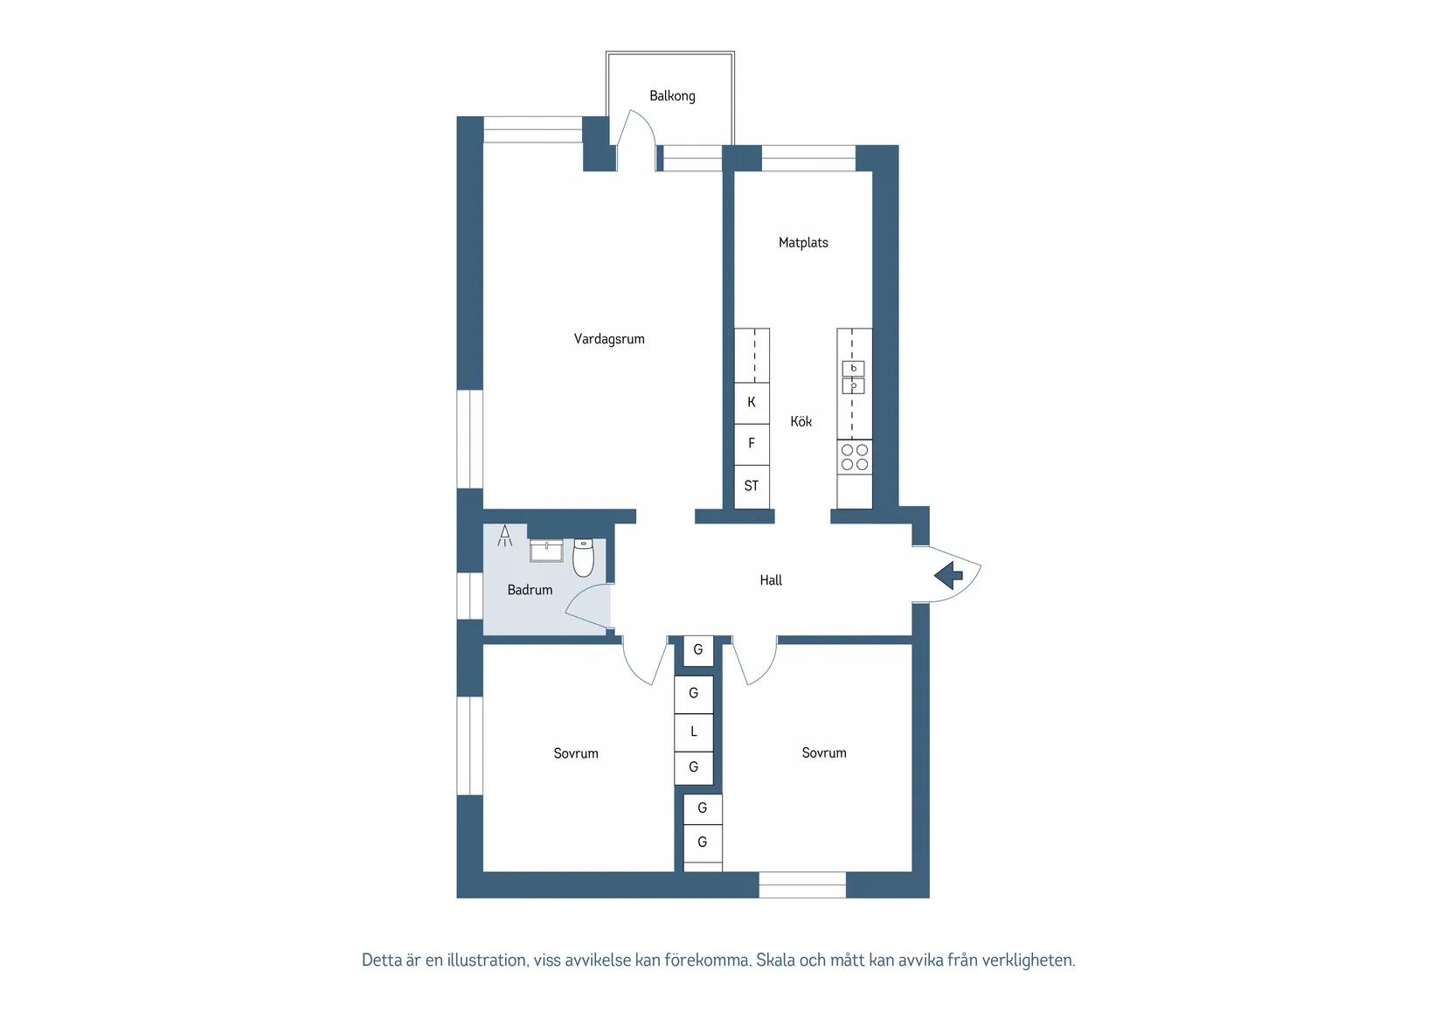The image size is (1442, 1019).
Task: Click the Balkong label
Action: point(672,96)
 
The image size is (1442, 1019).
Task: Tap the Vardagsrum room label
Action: point(609,339)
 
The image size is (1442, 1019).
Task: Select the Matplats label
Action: point(803,243)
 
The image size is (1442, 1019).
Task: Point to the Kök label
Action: point(801,421)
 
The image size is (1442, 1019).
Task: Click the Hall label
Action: point(771,580)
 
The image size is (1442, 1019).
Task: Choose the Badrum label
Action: point(530,590)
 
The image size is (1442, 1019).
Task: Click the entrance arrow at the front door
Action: point(948,575)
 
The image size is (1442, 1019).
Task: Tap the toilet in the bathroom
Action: point(583,558)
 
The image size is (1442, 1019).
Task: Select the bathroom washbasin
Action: point(546,551)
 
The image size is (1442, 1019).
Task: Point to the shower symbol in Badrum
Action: point(505,536)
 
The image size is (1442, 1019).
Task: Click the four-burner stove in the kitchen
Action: point(854,457)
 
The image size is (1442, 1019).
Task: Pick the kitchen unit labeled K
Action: point(752,403)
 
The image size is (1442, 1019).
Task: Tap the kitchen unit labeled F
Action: point(752,444)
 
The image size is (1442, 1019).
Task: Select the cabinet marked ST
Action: point(752,487)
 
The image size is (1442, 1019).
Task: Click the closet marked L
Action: point(693,731)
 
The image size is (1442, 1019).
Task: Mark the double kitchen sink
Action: point(853,378)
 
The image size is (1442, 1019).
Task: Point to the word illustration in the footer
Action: point(488,960)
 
